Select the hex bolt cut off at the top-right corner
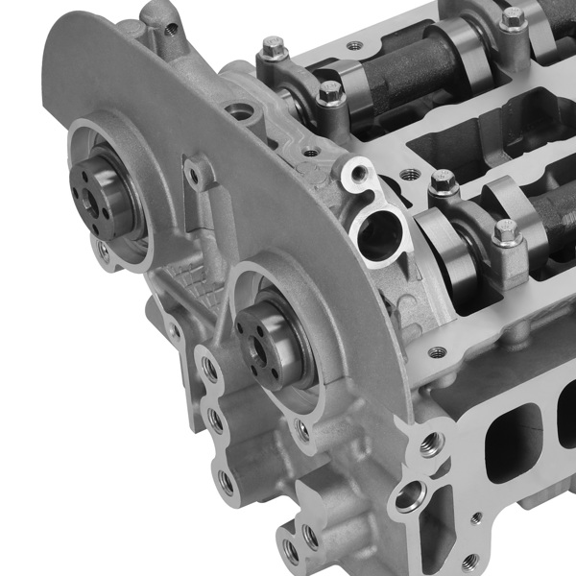point(513,17)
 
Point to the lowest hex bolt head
point(505,231)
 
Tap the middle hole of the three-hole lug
point(217,423)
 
